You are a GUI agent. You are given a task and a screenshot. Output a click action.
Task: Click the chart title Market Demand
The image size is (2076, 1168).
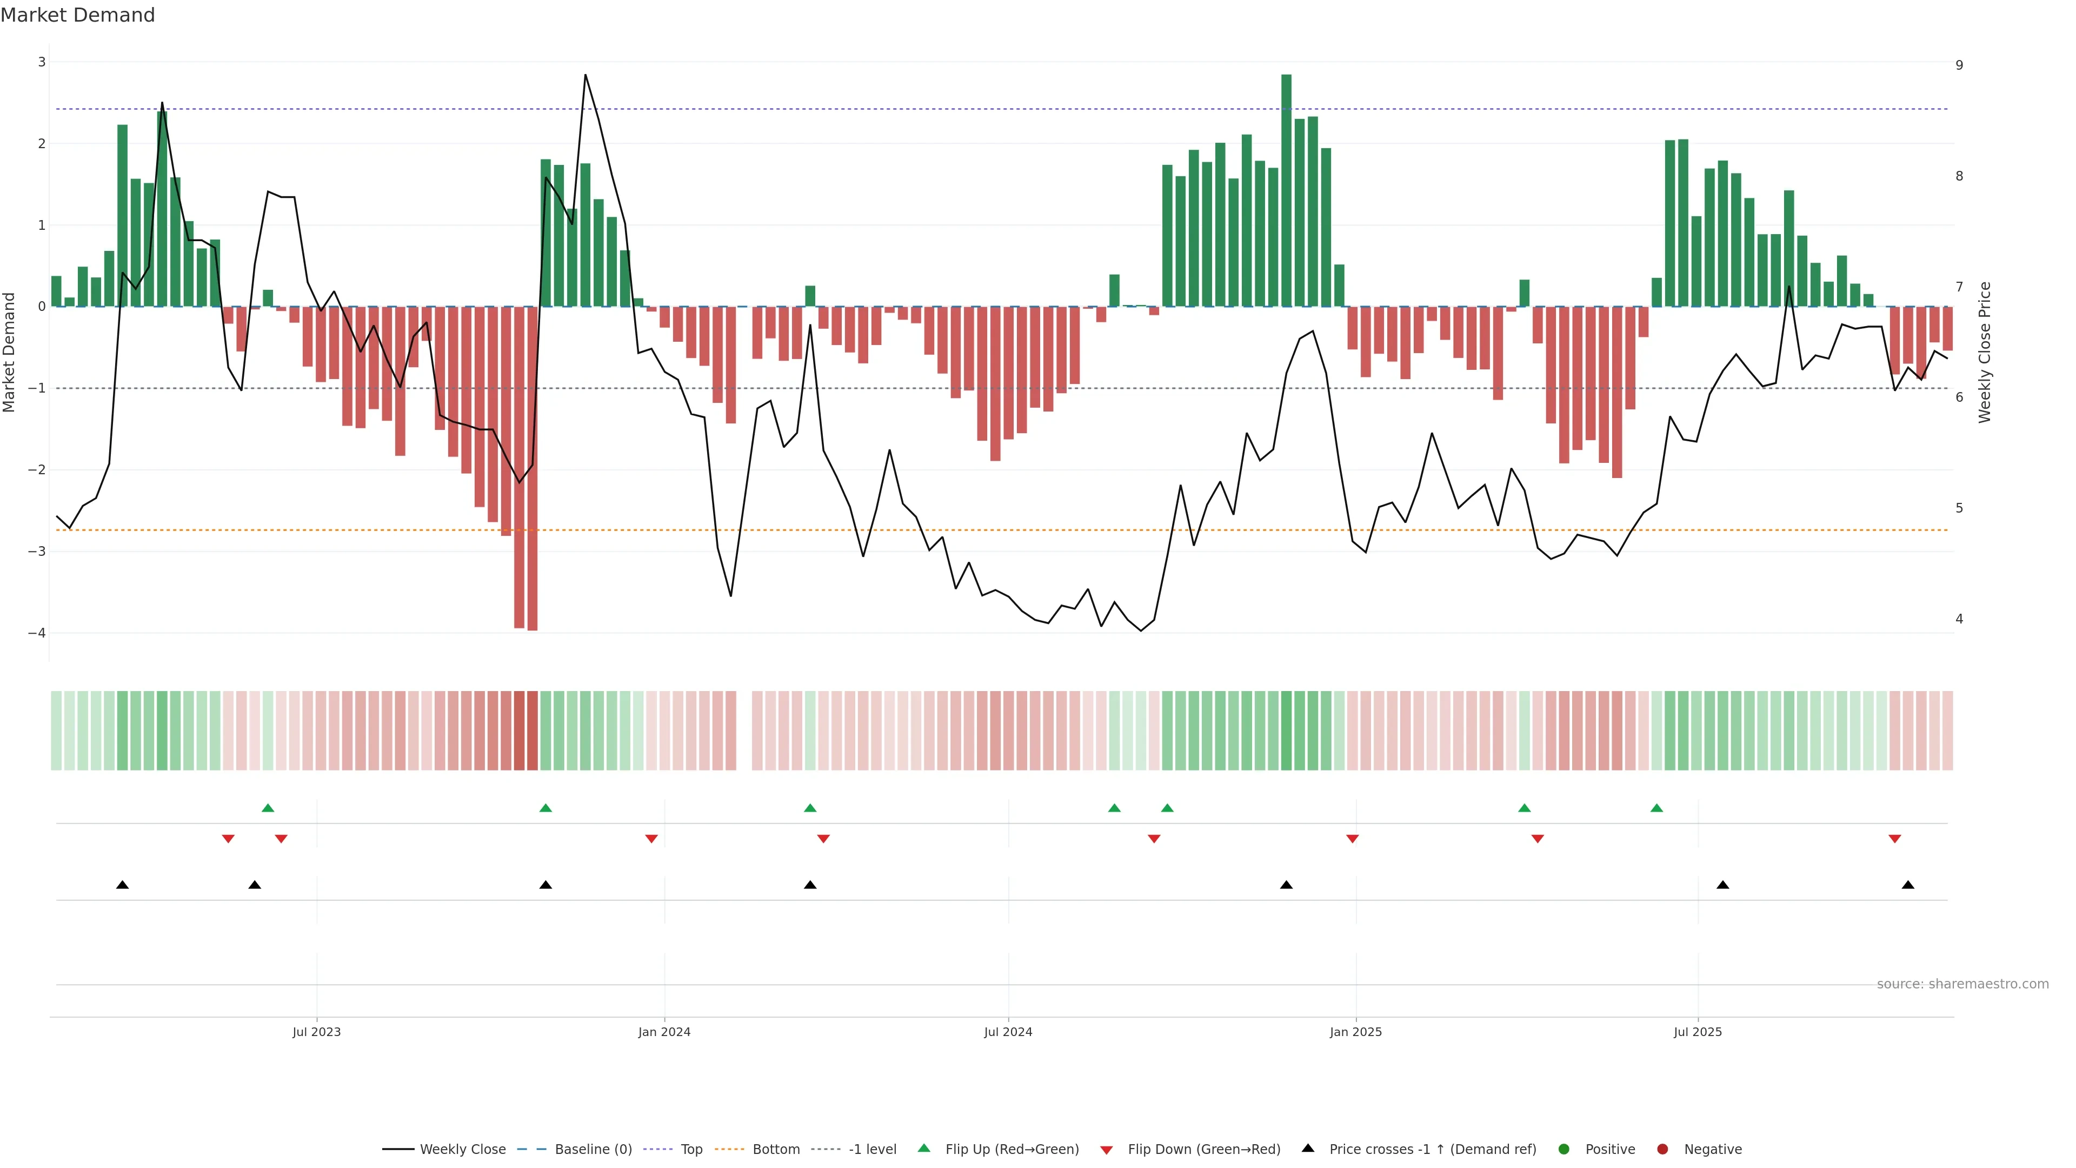77,15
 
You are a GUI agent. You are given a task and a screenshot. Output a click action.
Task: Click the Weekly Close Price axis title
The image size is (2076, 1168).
1984,352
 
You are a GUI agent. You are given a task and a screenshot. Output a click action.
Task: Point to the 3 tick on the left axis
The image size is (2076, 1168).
42,62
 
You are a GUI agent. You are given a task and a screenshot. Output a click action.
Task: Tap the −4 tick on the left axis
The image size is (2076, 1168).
37,633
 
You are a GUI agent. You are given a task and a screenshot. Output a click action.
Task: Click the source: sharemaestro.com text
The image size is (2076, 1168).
1962,984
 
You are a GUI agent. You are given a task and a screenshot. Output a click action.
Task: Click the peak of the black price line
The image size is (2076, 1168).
585,75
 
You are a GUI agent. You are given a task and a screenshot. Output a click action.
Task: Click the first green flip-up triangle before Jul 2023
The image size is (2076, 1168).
268,808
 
